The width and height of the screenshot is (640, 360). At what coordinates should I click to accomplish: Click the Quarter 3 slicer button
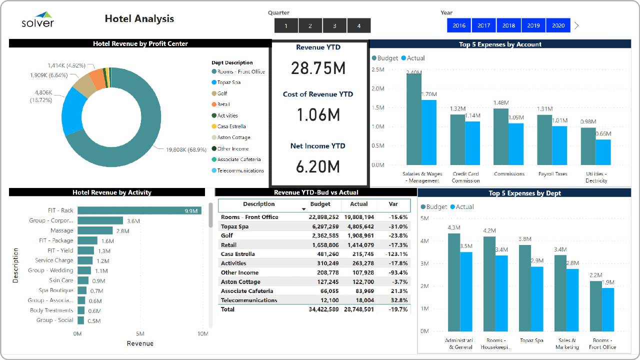[x=334, y=25]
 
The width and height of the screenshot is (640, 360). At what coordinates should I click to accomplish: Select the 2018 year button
[x=508, y=25]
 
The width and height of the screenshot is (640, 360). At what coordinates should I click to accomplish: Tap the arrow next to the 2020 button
[x=576, y=25]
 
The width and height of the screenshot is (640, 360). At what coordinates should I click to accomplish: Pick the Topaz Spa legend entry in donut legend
[x=228, y=82]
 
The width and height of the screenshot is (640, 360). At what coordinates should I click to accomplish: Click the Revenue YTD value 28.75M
[x=318, y=68]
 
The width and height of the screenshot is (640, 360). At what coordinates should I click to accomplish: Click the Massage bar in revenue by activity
[x=87, y=230]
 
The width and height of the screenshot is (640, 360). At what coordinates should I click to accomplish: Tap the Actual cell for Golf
[x=358, y=235]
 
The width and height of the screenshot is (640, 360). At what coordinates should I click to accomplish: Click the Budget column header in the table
[x=320, y=204]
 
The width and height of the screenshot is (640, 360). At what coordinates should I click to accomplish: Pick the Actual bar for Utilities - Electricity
[x=603, y=152]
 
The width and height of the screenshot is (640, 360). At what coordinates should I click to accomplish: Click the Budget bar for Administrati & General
[x=453, y=282]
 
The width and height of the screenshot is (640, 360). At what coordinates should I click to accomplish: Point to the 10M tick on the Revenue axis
[x=202, y=333]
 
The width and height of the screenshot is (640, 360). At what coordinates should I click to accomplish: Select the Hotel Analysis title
[x=139, y=19]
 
